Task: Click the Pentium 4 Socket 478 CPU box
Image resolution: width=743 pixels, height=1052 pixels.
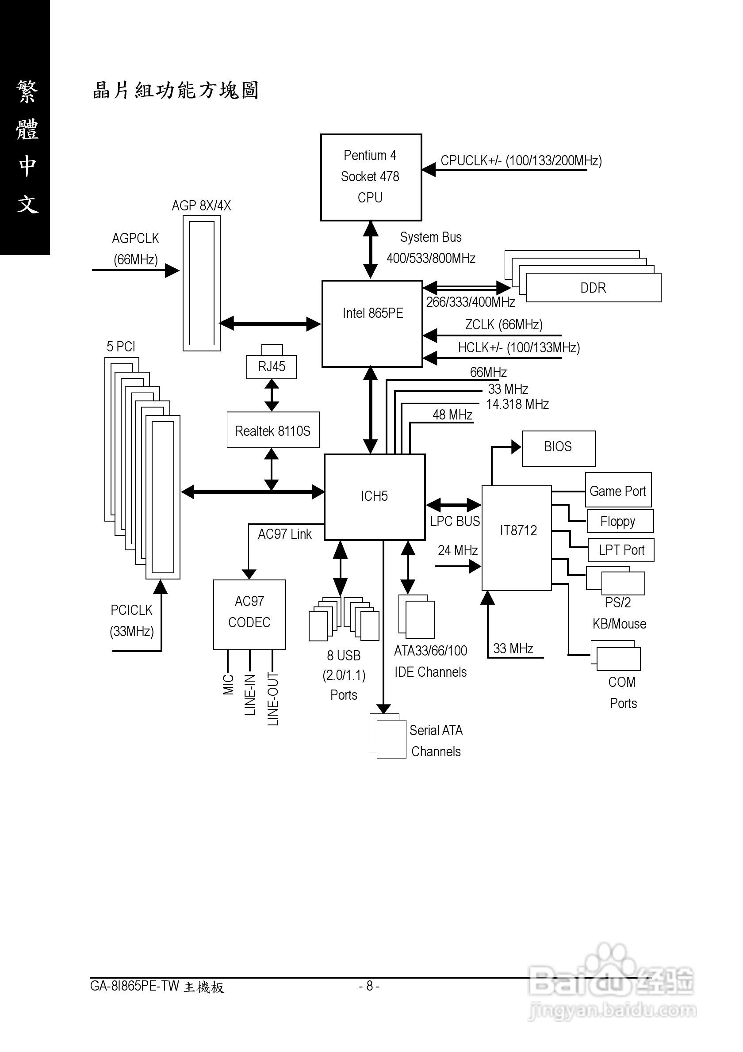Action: tap(371, 177)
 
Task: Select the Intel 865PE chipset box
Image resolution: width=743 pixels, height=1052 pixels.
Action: tap(372, 323)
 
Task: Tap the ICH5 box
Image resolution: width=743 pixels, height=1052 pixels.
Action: tap(375, 497)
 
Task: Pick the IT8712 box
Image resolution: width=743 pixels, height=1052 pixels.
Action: tap(517, 537)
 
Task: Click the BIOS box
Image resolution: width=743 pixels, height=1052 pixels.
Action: tap(558, 448)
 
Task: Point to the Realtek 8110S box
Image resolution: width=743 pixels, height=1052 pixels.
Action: tap(273, 430)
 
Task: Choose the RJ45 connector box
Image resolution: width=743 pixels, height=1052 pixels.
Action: tap(272, 366)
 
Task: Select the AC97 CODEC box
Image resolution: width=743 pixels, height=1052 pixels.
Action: tap(249, 614)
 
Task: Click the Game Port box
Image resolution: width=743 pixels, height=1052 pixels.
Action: tap(618, 490)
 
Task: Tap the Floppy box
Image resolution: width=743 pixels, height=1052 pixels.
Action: tap(620, 522)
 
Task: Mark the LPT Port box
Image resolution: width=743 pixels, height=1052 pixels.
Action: tap(620, 550)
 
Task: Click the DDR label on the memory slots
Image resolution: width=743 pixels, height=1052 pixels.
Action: tap(593, 288)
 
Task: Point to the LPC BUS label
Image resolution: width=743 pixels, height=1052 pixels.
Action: tap(455, 521)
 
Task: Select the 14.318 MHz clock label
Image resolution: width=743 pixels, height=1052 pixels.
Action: tap(517, 404)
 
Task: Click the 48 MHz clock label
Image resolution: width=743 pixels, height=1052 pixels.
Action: tap(452, 415)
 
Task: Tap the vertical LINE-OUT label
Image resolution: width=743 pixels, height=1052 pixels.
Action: tap(273, 699)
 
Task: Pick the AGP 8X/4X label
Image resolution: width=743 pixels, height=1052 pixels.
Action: tap(201, 205)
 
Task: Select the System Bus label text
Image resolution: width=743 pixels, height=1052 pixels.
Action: tap(430, 237)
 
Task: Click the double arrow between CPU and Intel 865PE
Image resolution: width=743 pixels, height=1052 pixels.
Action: tap(370, 250)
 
